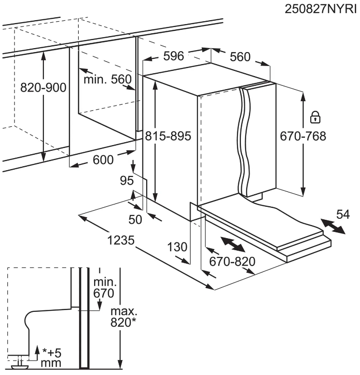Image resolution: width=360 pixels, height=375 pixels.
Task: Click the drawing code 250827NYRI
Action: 320,9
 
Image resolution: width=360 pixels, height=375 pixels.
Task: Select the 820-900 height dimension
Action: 43,88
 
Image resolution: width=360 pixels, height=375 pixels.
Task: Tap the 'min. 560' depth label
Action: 108,79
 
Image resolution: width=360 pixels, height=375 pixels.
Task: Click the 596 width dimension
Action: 174,56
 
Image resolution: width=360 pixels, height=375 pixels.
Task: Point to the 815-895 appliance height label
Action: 168,136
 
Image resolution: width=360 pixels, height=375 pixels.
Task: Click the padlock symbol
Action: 315,117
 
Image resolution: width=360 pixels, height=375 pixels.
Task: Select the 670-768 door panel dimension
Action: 303,136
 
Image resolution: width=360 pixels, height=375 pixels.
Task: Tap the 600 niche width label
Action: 103,160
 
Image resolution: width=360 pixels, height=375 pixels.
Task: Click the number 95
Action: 126,181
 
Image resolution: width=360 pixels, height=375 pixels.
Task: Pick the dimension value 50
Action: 135,219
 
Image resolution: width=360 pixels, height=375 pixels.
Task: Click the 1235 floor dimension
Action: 121,240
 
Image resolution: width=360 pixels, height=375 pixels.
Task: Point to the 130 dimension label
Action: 177,247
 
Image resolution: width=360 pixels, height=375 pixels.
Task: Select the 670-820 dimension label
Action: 232,262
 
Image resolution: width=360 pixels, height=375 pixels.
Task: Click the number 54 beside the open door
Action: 343,214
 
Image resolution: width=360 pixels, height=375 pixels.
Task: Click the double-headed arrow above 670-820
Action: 233,244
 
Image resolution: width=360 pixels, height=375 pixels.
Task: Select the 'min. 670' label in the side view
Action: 105,288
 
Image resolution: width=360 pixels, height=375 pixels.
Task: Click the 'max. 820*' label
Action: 124,317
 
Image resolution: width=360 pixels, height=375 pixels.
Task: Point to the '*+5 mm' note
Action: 52,358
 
